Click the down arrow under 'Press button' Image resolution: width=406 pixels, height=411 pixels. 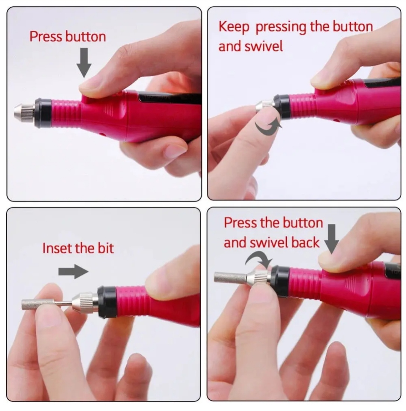tap(84, 62)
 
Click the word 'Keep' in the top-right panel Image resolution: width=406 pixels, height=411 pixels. tap(234, 27)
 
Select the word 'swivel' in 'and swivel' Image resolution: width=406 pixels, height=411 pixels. tap(264, 46)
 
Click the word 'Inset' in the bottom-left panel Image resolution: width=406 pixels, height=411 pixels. tap(57, 248)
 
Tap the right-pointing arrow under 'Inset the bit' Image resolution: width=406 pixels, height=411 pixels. tap(73, 272)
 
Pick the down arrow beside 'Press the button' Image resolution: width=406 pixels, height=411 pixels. tap(332, 239)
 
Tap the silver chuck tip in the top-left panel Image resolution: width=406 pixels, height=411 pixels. tap(25, 112)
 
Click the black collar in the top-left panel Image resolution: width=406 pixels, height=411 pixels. tap(43, 113)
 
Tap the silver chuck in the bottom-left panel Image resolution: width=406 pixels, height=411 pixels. tap(85, 303)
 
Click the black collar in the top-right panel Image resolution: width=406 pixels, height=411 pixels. tap(282, 106)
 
